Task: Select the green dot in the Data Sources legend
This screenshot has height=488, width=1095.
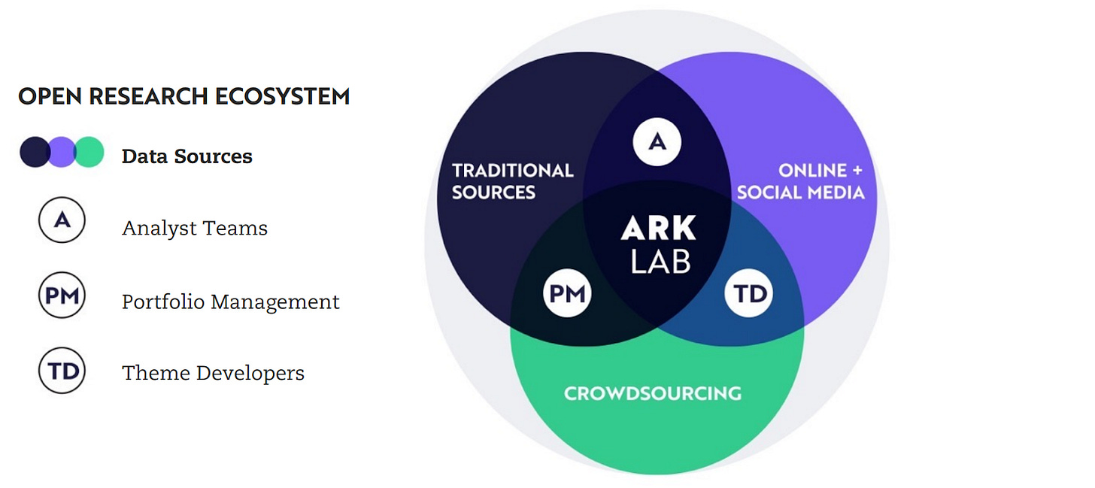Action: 90,152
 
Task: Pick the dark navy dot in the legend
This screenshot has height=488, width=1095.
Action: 33,152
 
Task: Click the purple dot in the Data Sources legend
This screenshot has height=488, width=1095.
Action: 62,152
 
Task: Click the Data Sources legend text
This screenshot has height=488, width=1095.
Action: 187,156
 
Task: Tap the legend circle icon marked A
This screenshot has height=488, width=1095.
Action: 62,219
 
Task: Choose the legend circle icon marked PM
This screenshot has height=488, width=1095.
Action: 62,296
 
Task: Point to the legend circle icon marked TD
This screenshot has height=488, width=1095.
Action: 62,370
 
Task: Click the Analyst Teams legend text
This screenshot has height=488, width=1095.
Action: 194,228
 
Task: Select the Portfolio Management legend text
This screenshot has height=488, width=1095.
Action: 230,302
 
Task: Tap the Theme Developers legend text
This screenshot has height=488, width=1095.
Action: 213,373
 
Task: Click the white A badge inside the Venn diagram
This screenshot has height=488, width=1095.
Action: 657,141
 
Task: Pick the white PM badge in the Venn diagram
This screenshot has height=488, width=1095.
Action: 567,292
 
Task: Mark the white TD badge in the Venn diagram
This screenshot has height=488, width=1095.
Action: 748,292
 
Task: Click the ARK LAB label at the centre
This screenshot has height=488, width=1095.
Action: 659,244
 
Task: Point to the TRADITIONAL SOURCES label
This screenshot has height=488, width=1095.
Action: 512,180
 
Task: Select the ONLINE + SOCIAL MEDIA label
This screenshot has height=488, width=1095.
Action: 800,180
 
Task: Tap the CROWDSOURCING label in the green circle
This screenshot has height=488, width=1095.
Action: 652,393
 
